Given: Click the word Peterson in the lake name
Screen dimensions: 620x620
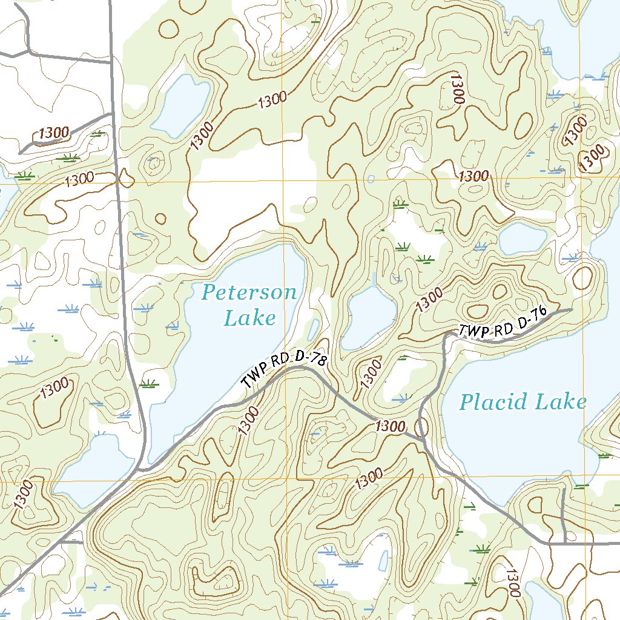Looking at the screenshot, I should [249, 293].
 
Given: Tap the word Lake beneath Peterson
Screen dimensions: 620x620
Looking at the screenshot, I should [249, 317].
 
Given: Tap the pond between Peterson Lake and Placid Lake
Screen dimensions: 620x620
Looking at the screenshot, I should [368, 318].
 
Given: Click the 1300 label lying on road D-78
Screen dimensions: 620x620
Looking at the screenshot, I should [389, 426].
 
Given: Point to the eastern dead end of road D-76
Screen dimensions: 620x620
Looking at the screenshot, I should [572, 310].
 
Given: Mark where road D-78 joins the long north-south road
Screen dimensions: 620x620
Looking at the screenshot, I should [140, 469].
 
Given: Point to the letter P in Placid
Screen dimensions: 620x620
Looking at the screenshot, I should [466, 402].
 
